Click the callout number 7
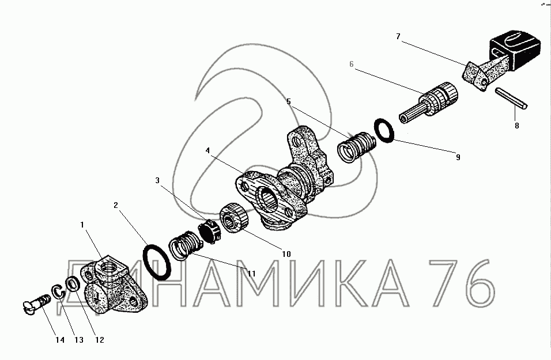click(398, 36)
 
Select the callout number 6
click(352, 65)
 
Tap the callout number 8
click(517, 126)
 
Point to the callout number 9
click(458, 157)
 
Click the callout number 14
click(60, 340)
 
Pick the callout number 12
click(100, 340)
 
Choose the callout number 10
click(286, 254)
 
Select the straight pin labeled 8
click(511, 98)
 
